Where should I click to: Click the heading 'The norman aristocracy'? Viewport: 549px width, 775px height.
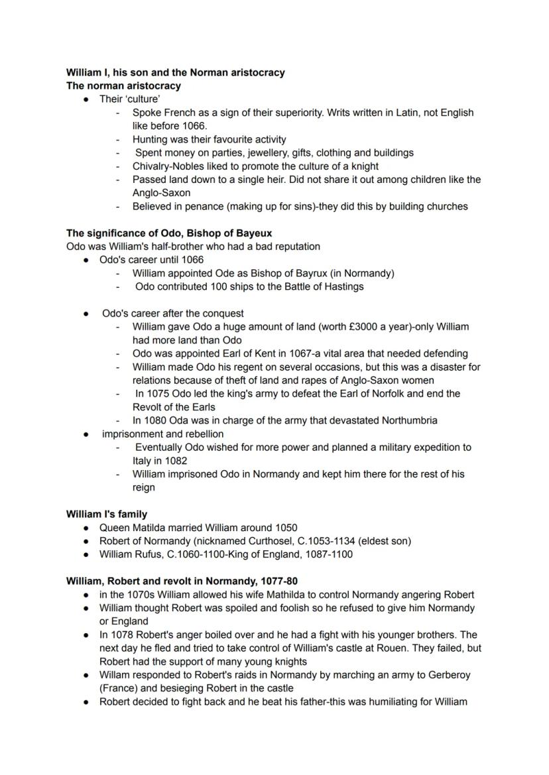pos(123,86)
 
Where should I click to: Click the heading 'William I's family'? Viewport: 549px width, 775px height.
pos(107,514)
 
